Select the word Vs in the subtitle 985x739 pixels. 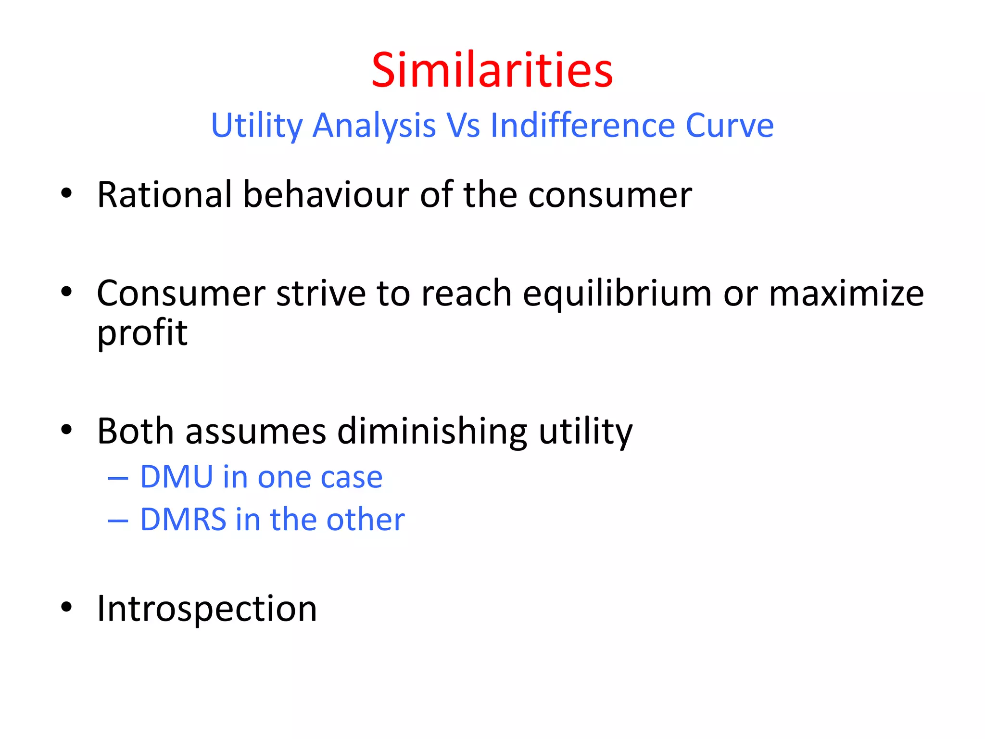point(463,126)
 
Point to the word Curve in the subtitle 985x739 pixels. point(729,126)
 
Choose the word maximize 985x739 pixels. point(846,293)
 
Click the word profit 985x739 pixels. point(142,333)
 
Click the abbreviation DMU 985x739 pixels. point(177,477)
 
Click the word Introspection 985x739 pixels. point(207,609)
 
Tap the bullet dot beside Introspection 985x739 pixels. point(66,607)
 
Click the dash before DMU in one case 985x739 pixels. point(118,478)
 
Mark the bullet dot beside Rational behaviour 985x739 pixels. point(66,193)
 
